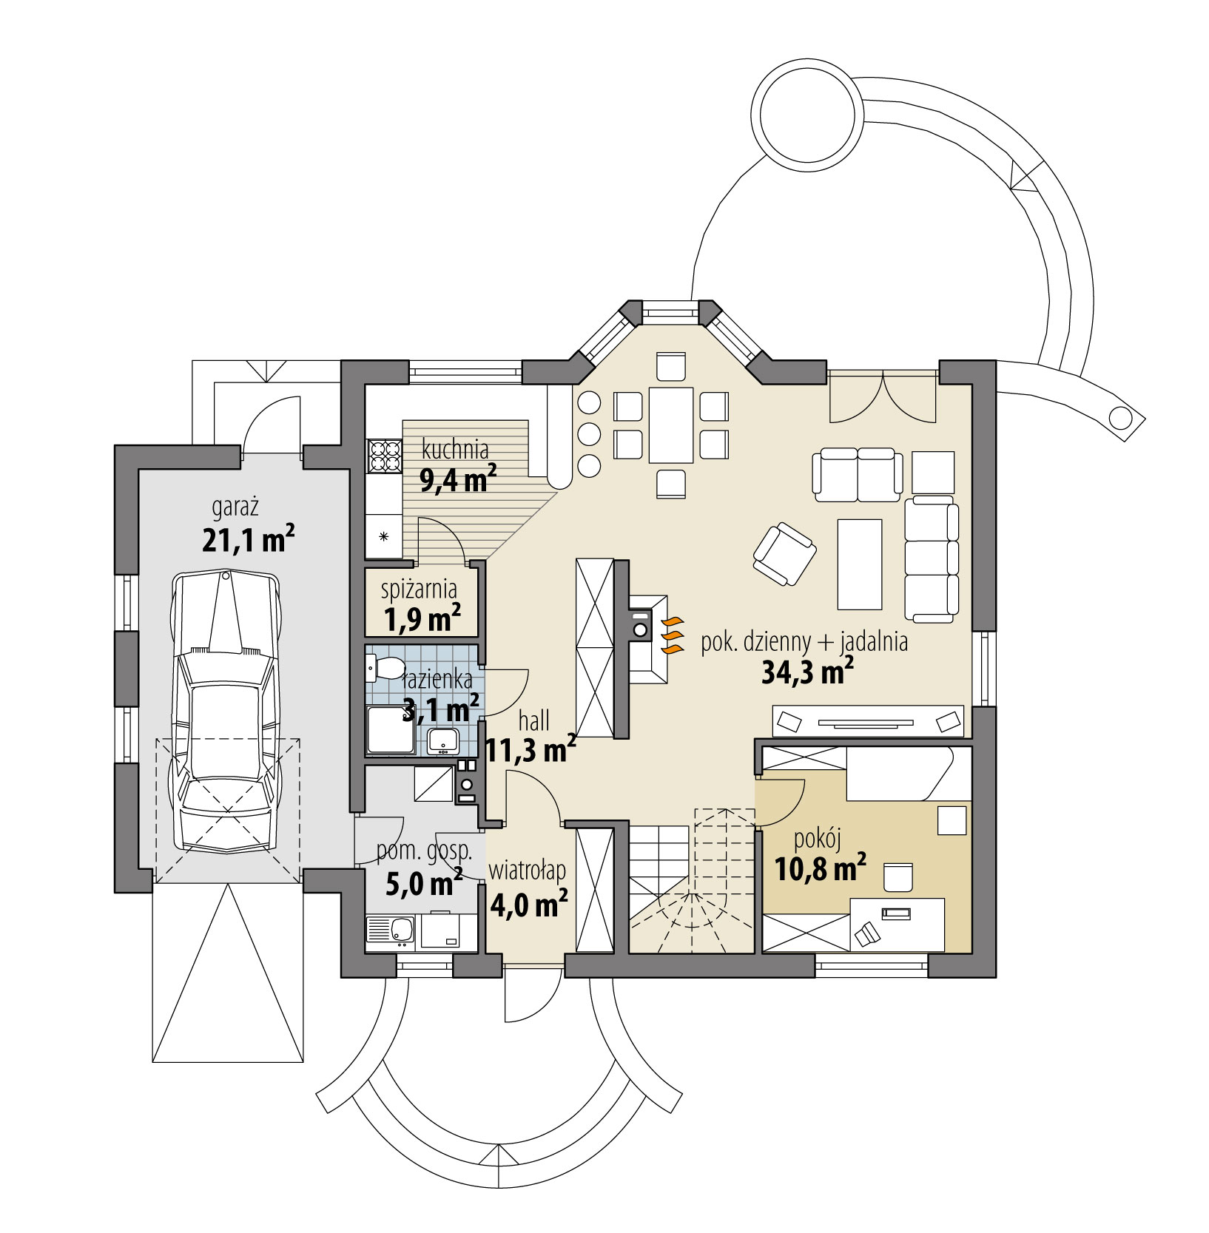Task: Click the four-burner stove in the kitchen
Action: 383,455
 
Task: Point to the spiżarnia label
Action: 419,590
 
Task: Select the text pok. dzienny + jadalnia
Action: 804,641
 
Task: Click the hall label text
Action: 533,720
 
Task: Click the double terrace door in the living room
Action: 882,394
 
